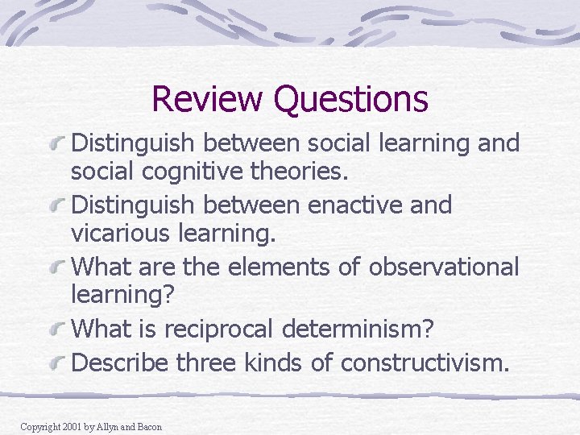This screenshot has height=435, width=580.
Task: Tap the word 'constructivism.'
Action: click(x=425, y=362)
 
